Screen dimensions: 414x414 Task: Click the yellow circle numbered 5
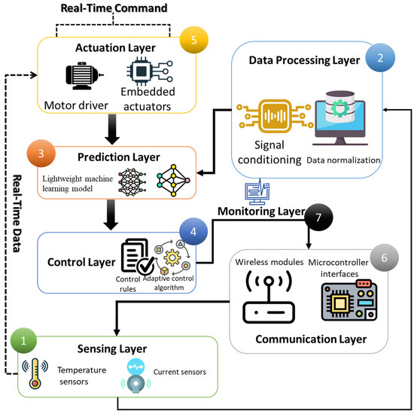(193, 40)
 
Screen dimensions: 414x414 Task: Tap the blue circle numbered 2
(380, 58)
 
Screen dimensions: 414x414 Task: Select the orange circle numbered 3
(41, 154)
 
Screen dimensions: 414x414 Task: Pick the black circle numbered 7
(318, 218)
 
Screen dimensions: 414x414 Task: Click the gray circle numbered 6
(385, 257)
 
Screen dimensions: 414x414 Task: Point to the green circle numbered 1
(23, 340)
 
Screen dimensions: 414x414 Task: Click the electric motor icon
(84, 76)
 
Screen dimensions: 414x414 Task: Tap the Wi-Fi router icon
(269, 297)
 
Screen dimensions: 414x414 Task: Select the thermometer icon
(35, 373)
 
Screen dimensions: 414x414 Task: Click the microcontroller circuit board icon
(349, 300)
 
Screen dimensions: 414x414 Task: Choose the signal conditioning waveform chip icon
(275, 116)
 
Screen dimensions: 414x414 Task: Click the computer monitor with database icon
(340, 118)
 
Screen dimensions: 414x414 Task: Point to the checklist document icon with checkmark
(138, 257)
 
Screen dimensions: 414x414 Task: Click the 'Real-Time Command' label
(114, 8)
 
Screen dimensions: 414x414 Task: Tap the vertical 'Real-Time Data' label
(17, 213)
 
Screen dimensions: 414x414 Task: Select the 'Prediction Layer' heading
(118, 157)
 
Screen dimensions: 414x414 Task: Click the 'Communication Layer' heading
(311, 339)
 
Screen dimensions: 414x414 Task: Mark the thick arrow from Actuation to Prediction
(112, 129)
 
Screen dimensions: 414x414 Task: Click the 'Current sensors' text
(180, 372)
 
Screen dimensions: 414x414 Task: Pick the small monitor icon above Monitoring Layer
(257, 192)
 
